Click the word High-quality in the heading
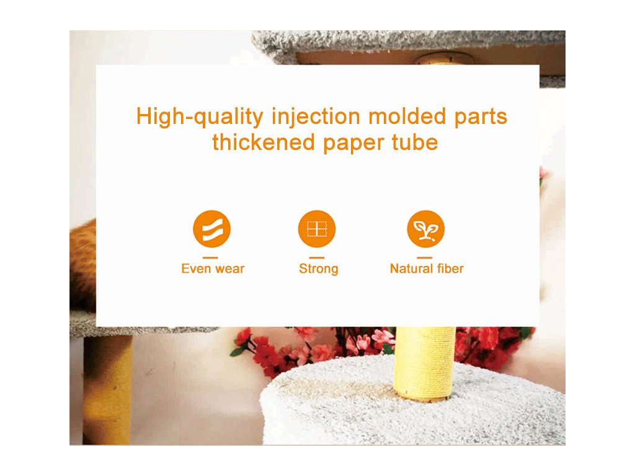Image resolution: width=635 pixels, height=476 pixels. coord(200,117)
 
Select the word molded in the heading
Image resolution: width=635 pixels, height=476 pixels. coord(407,116)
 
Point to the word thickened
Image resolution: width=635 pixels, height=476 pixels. coord(263,142)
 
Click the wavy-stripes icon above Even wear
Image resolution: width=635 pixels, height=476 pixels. coord(212,229)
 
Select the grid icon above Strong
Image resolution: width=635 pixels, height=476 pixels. coord(317,229)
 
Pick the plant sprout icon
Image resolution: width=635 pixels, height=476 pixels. coord(425,229)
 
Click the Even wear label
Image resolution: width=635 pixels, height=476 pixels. coord(213,269)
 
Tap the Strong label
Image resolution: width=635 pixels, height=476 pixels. coord(318,269)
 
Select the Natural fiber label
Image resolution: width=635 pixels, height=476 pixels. coord(427,269)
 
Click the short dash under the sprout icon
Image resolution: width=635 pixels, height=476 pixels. coord(424,257)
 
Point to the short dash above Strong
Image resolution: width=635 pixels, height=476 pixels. coord(317,257)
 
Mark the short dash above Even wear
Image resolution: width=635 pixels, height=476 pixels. coord(210,257)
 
